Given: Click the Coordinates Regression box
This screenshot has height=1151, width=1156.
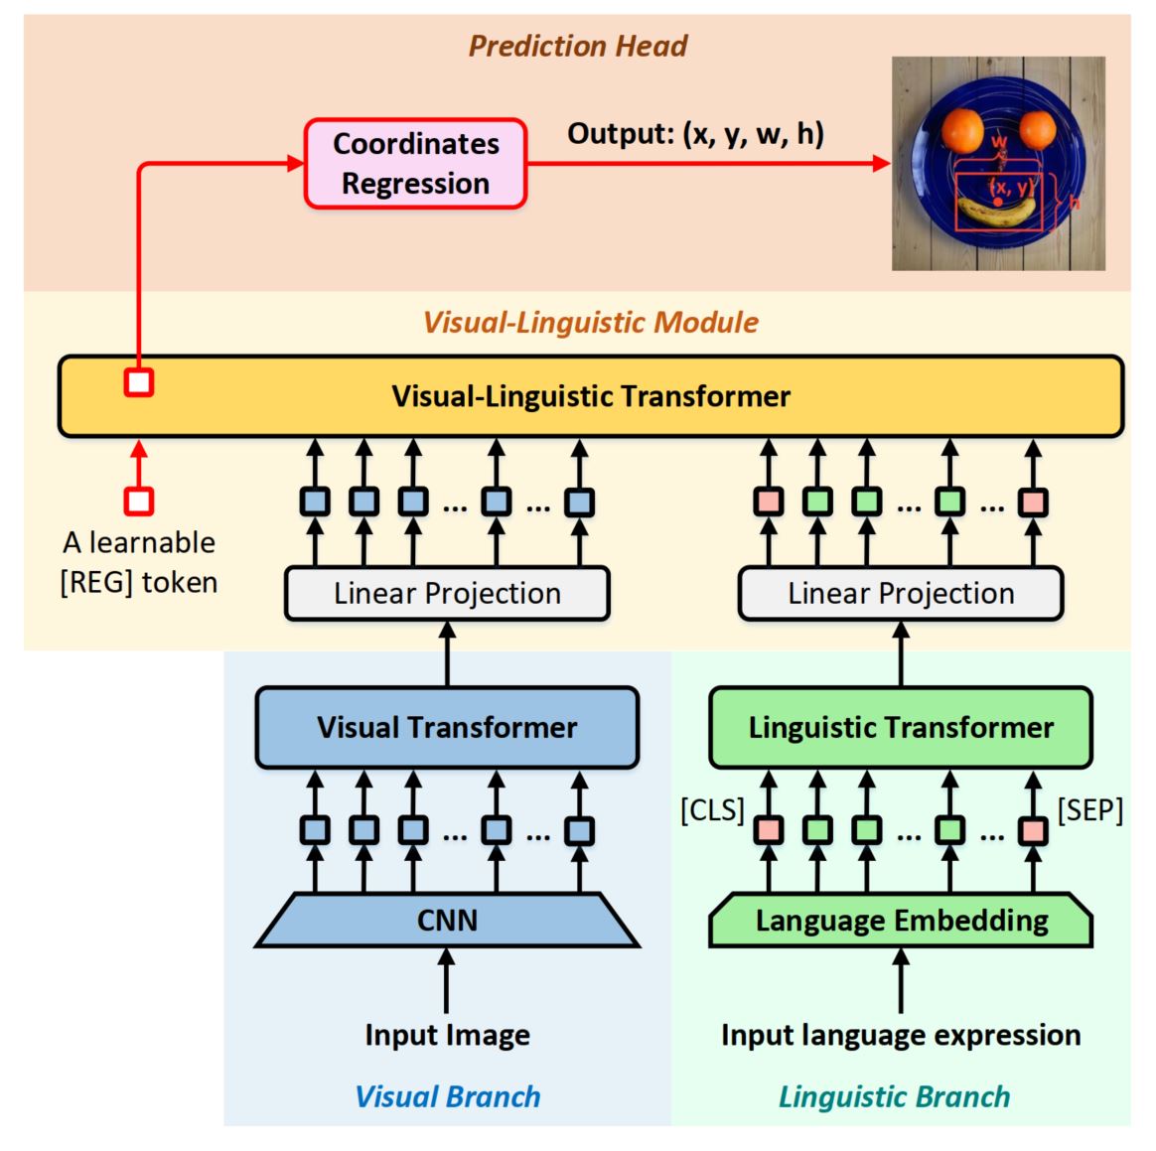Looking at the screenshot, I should coord(415,164).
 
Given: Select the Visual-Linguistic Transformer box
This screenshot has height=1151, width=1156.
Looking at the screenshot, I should coord(591,396).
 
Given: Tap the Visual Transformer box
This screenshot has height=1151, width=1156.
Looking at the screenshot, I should coord(447,727).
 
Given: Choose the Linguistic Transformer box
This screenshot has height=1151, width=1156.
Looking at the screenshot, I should coord(900,727).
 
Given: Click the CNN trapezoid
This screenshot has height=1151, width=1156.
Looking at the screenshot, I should coord(447,921).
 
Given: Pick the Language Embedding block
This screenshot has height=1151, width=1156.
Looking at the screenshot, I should coord(901,921).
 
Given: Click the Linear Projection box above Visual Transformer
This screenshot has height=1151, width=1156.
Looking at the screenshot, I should coord(447,594).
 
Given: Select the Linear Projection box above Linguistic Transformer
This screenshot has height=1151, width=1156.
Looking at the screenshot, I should coord(901,594).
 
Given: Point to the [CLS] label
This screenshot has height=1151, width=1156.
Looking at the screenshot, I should coord(712,810).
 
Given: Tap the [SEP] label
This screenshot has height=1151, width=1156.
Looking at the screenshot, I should coord(1089,810).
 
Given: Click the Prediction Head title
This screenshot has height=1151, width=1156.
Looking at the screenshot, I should coord(578,46).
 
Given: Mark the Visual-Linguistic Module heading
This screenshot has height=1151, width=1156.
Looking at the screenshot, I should coord(591,322).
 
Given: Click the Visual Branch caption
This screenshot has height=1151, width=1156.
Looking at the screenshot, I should coord(448,1096).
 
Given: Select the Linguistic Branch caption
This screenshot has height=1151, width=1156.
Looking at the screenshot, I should coord(894,1096).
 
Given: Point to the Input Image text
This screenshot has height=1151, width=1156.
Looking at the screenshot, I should coord(447,1035).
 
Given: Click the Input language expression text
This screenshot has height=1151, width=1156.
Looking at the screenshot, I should coord(901,1035).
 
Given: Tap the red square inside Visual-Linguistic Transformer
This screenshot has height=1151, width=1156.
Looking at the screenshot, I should coord(139,382).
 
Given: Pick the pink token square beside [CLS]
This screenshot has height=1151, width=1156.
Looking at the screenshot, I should coord(768,830).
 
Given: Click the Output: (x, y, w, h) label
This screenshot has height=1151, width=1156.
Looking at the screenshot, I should coord(695,133).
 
